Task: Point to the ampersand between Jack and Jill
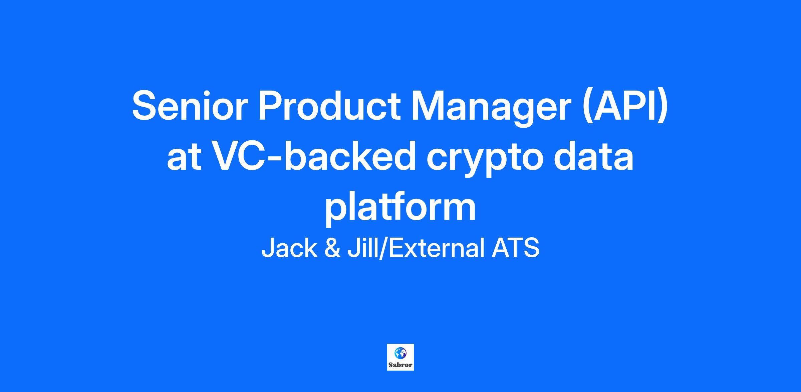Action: click(x=332, y=248)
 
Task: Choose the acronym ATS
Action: click(x=516, y=248)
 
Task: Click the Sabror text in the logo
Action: click(x=400, y=365)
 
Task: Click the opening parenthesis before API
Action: click(x=588, y=108)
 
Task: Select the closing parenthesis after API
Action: click(x=663, y=108)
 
